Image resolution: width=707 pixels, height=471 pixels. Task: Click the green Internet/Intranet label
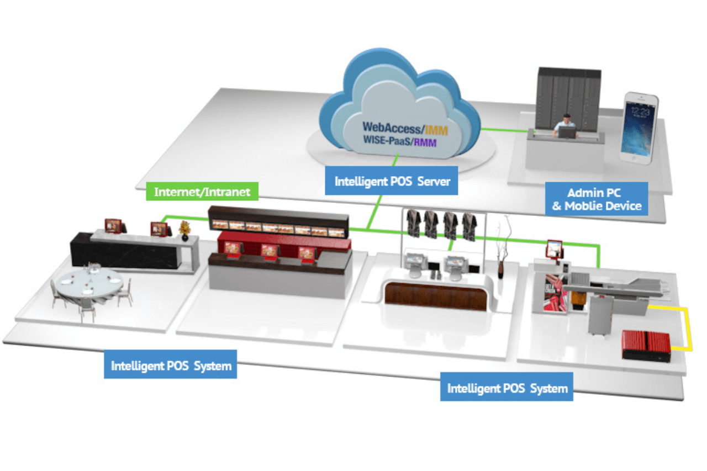[202, 192]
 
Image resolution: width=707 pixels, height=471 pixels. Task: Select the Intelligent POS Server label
[391, 181]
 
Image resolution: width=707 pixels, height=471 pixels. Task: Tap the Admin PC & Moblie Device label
[596, 200]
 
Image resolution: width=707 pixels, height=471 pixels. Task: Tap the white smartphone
[639, 128]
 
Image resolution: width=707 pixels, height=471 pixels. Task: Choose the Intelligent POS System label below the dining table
[171, 365]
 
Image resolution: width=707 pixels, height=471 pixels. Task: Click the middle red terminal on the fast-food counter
[269, 252]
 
